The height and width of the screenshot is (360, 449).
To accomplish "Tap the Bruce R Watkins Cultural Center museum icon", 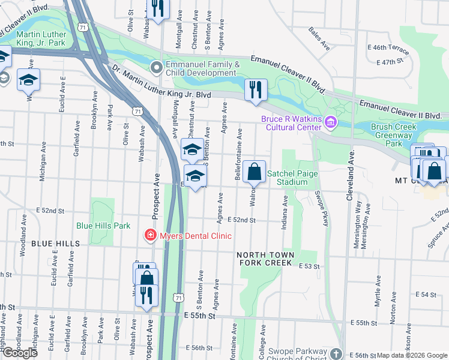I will pyautogui.click(x=330, y=123).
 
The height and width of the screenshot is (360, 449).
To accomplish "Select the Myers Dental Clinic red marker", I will pyautogui.click(x=151, y=236).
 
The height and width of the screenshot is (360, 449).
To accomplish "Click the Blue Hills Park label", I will pyautogui.click(x=103, y=226).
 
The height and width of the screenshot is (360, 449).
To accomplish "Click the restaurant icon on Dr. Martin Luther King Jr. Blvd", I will pyautogui.click(x=256, y=90).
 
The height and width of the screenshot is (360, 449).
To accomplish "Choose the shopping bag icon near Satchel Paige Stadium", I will pyautogui.click(x=255, y=172).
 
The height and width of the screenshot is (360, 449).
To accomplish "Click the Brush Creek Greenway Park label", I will pyautogui.click(x=394, y=136).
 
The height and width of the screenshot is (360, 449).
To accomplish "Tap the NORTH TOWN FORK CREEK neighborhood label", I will pyautogui.click(x=267, y=259).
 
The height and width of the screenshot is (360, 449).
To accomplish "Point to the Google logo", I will pyautogui.click(x=20, y=353).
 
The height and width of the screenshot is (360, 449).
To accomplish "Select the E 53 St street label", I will pyautogui.click(x=309, y=266).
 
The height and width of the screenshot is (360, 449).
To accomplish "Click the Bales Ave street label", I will pyautogui.click(x=319, y=38).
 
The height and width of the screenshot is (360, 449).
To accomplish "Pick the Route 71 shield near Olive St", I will pyautogui.click(x=139, y=111).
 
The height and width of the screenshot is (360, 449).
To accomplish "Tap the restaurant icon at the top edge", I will pyautogui.click(x=158, y=9).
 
